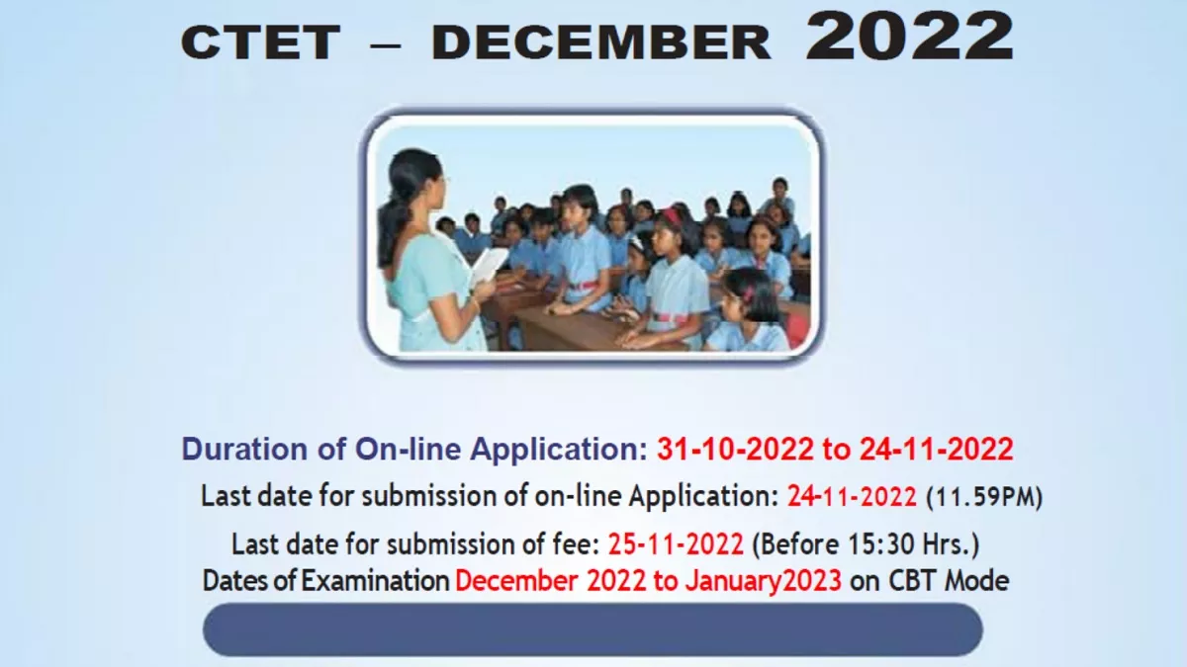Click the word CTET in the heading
point(260,42)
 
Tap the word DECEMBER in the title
point(601,42)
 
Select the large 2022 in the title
point(909,36)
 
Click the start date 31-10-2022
point(734,450)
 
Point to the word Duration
point(244,450)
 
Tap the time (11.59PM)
point(984,497)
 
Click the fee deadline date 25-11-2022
point(676,543)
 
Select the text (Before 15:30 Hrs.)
point(866,544)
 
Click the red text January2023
point(763,581)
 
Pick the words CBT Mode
point(949,580)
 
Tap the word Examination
point(375,580)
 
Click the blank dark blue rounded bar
point(593,629)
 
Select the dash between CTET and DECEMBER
point(385,45)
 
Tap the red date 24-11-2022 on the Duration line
point(937,450)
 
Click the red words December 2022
point(551,580)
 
